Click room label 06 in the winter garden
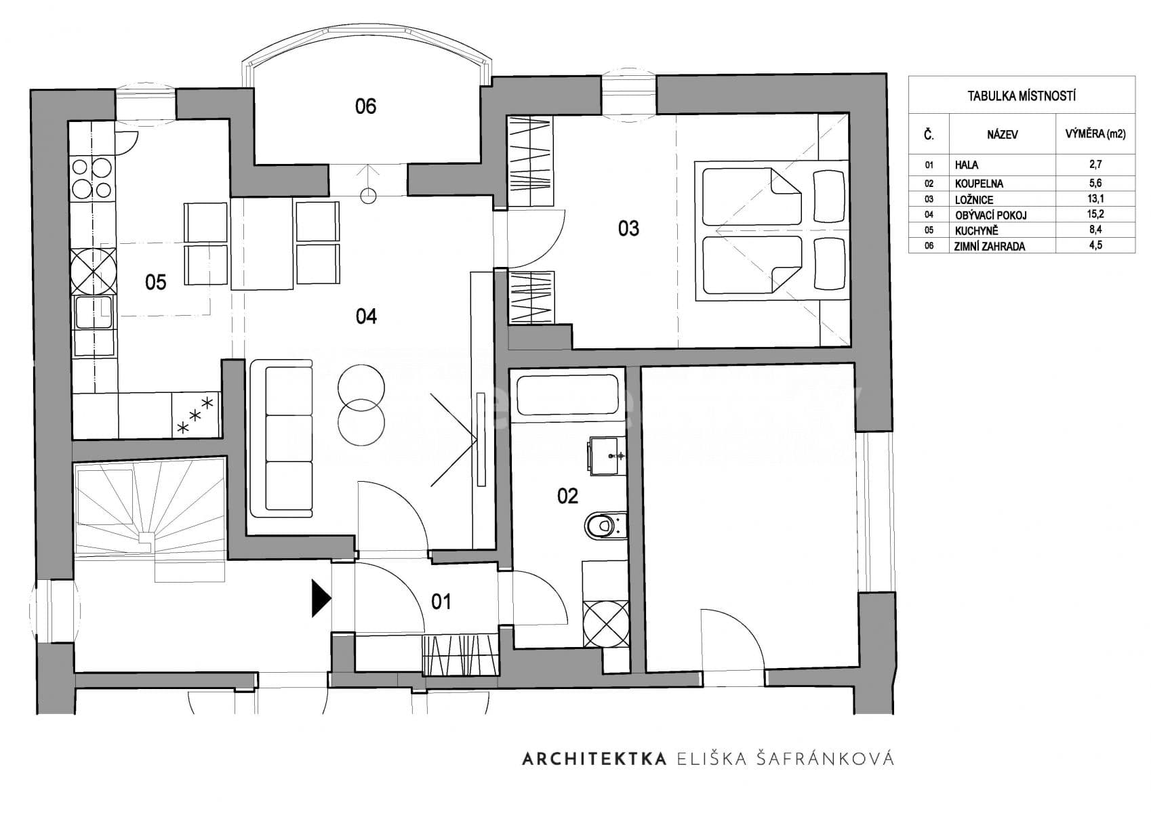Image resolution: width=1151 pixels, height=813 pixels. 365,106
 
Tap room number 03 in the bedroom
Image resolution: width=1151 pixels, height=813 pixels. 628,229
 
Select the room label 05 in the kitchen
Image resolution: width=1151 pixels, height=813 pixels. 156,282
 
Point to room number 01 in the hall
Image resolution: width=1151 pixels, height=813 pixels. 441,602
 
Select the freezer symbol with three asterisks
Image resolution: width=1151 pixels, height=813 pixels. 195,415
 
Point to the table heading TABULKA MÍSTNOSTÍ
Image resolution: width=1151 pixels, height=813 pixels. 1021,96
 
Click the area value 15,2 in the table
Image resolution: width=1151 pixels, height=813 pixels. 1095,215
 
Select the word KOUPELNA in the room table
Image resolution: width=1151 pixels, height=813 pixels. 979,184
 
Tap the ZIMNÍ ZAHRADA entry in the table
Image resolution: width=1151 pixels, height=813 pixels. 990,247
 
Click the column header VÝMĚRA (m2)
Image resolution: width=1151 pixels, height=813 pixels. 1095,134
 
